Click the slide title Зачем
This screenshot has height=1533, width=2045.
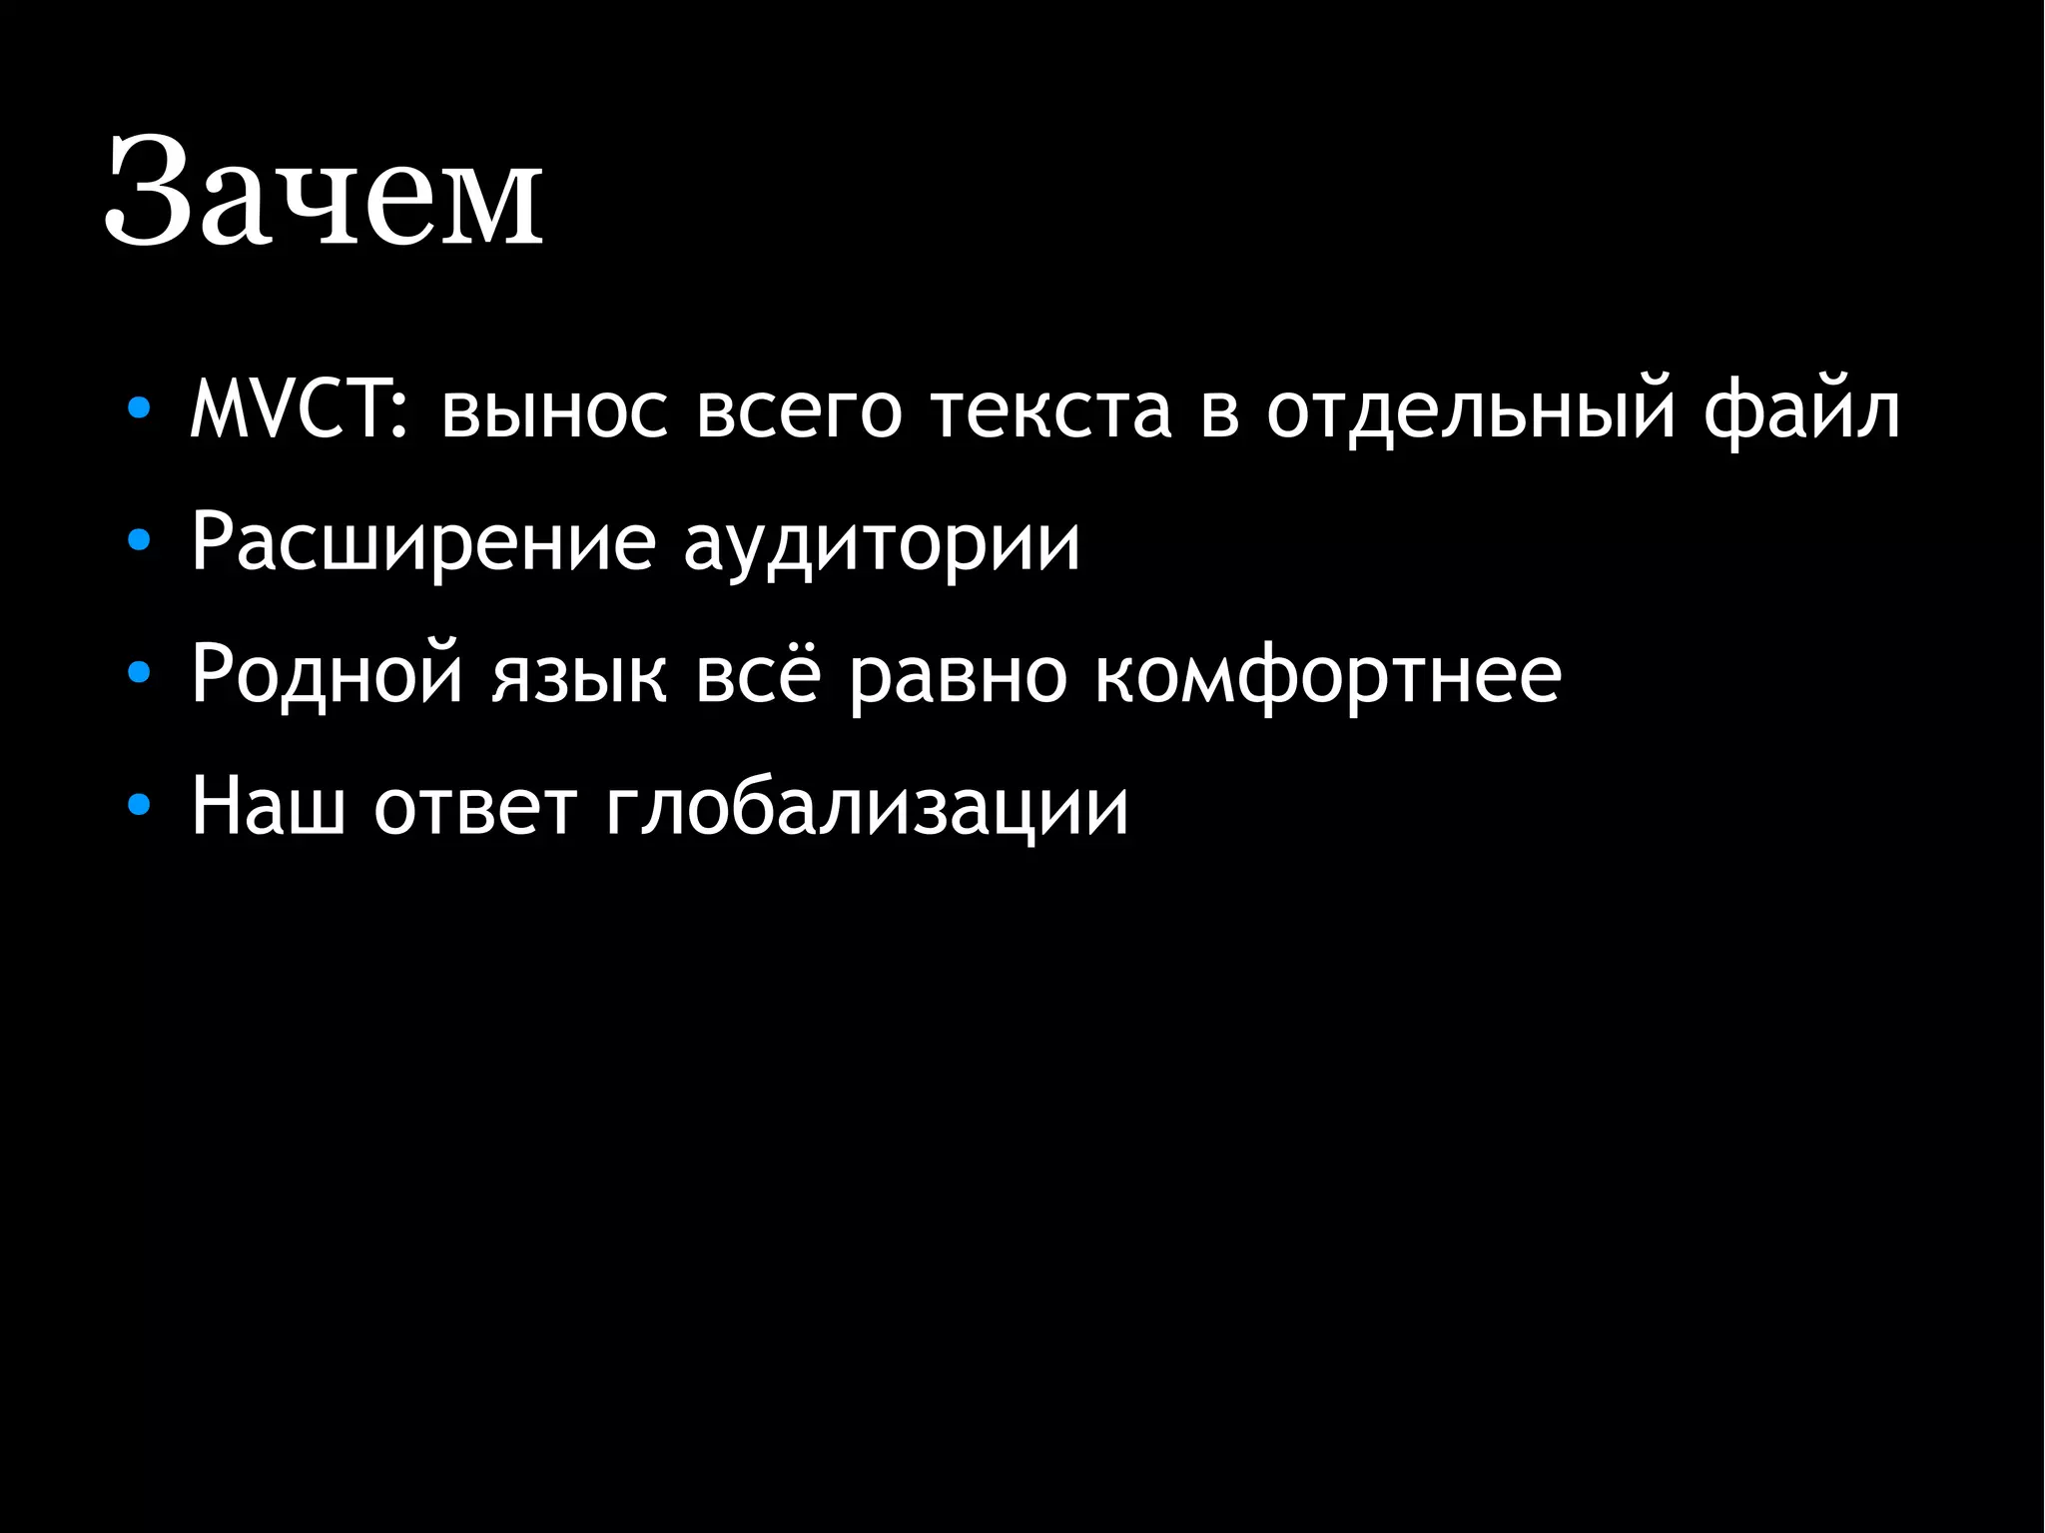tap(324, 192)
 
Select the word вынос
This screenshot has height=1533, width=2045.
tap(554, 411)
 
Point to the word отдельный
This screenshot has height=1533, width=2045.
tap(1471, 411)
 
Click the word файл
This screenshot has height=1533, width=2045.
tap(1801, 411)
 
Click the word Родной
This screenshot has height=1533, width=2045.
tap(328, 675)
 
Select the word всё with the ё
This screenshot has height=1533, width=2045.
tap(758, 675)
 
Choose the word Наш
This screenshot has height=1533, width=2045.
tap(268, 805)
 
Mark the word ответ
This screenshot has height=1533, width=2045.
tap(476, 807)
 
